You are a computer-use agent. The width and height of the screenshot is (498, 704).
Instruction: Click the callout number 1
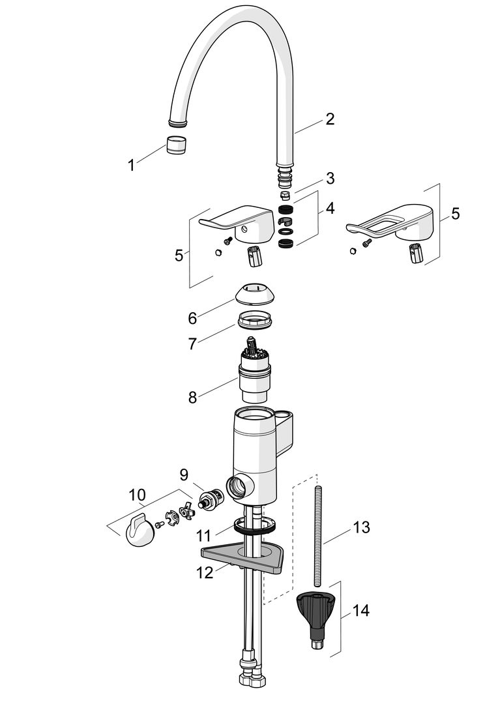click(x=131, y=165)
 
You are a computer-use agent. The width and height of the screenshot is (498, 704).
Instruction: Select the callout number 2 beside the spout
click(x=330, y=119)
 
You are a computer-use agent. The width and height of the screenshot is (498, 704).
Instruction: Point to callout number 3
click(x=330, y=178)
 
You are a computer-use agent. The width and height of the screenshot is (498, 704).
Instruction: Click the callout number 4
click(x=330, y=208)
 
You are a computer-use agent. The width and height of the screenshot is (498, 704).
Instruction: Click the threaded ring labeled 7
click(x=254, y=321)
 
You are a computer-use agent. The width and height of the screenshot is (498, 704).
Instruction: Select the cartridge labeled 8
click(x=254, y=370)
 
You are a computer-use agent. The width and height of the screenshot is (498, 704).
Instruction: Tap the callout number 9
click(x=184, y=474)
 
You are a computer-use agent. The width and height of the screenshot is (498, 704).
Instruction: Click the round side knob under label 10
click(x=138, y=532)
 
